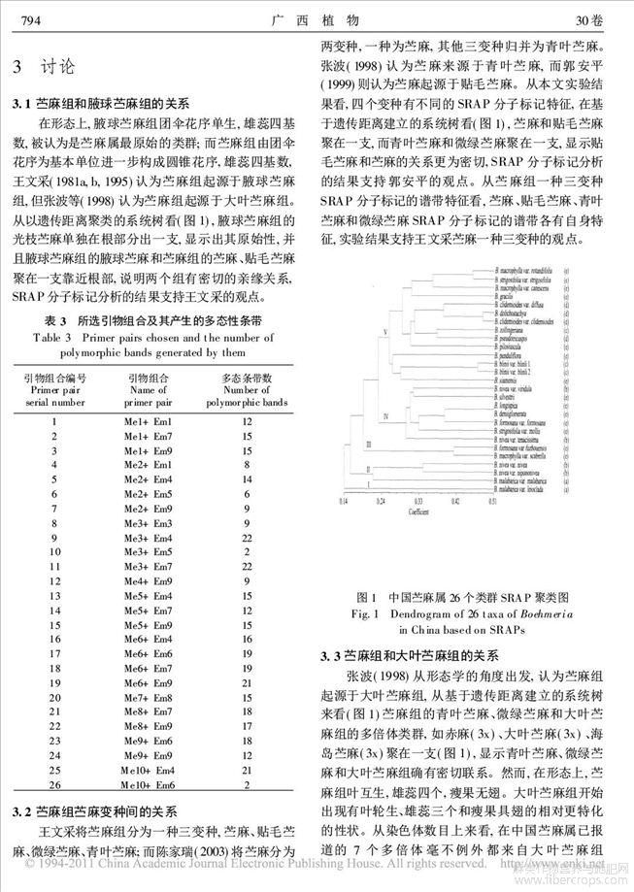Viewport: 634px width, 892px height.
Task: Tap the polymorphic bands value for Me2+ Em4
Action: [247, 479]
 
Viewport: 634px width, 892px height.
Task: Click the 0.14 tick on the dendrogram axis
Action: [341, 502]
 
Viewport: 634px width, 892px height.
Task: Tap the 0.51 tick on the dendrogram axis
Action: [494, 502]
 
